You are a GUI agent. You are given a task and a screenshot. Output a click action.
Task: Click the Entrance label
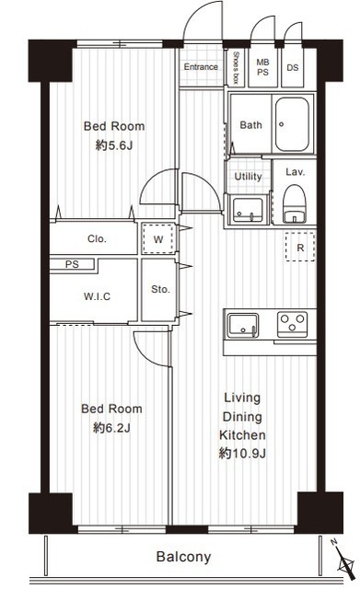pos(201,67)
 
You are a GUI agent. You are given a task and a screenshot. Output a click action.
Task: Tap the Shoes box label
pos(236,68)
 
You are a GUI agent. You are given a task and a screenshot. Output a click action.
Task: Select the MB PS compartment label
pos(262,67)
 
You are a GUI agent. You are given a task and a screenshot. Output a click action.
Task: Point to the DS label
pos(293,67)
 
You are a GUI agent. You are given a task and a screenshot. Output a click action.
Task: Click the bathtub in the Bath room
pos(292,124)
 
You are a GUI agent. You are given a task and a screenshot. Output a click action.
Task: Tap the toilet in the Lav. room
pos(295,204)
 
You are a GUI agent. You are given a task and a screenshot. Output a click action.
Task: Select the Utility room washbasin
pos(248,210)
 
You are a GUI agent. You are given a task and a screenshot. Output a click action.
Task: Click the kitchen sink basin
pos(243,325)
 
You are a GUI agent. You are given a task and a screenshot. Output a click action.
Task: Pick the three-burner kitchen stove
pos(292,324)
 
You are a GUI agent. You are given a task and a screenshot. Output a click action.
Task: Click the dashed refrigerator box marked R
pos(300,247)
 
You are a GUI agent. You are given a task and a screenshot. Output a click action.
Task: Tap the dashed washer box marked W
pos(158,239)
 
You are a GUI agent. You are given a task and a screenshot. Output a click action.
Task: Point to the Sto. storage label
pos(160,289)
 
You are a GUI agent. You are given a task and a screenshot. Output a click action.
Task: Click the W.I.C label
pos(97,296)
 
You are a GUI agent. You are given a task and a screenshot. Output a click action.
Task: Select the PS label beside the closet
pos(72,264)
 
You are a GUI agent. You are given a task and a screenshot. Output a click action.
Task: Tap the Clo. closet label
pos(97,239)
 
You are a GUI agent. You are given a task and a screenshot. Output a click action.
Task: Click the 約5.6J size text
pos(114,145)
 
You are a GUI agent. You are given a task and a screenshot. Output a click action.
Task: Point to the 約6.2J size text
pos(111,428)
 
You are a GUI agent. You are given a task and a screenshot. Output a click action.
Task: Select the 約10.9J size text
pos(242,454)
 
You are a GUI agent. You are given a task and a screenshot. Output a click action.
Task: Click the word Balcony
pos(183,557)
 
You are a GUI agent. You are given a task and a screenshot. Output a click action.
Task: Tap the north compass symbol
pos(343,560)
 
